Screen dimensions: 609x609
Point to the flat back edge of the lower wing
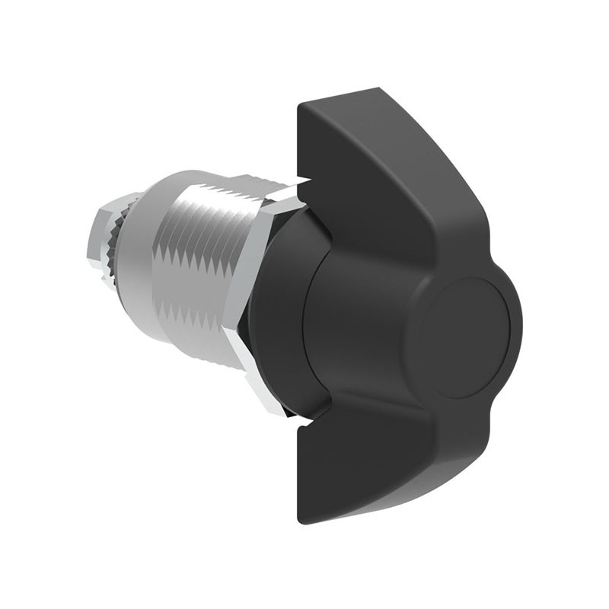pyautogui.click(x=298, y=472)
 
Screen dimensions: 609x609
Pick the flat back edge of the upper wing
pyautogui.click(x=298, y=145)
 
